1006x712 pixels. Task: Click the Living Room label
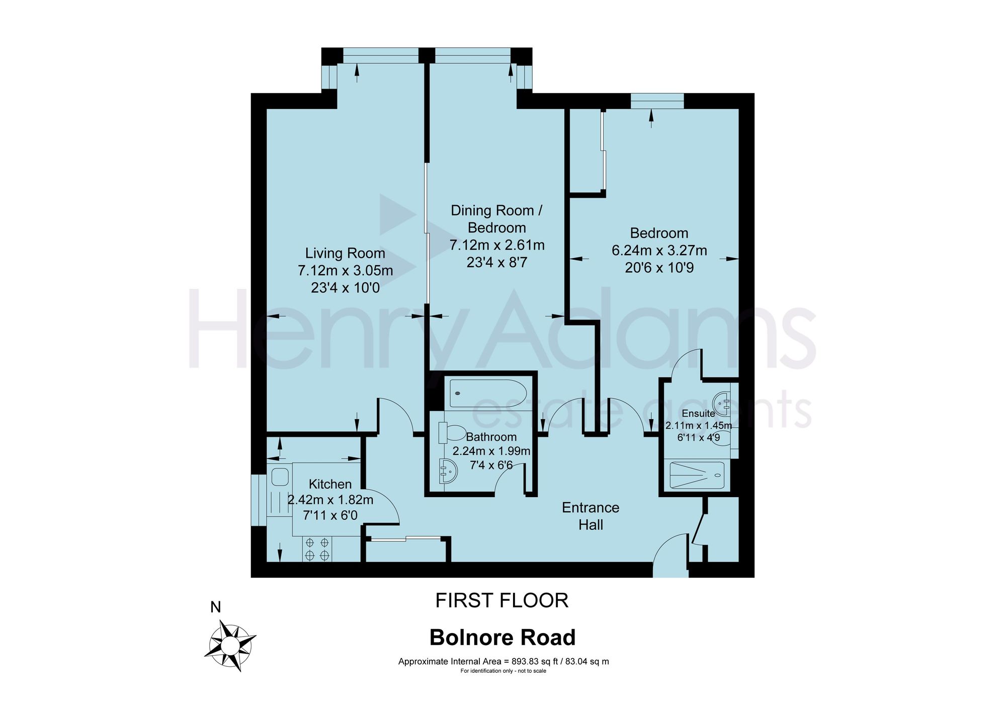point(345,253)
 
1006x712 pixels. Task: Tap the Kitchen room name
point(330,484)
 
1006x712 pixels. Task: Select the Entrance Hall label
point(591,516)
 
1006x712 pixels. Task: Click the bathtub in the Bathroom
point(488,393)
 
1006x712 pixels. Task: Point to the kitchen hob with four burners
point(317,549)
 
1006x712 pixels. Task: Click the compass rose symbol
point(230,646)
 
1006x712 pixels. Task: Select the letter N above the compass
point(215,607)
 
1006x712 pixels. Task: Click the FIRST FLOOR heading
point(501,600)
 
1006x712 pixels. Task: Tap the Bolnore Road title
point(502,638)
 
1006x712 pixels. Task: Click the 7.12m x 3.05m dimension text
point(345,271)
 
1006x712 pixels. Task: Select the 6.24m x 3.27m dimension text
point(659,251)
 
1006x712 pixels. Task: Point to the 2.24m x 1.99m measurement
point(491,451)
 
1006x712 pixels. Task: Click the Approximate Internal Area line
point(504,661)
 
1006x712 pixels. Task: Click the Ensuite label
point(698,414)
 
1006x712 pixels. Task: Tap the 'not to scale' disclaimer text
point(504,671)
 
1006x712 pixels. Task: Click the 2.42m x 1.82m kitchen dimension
point(330,500)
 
